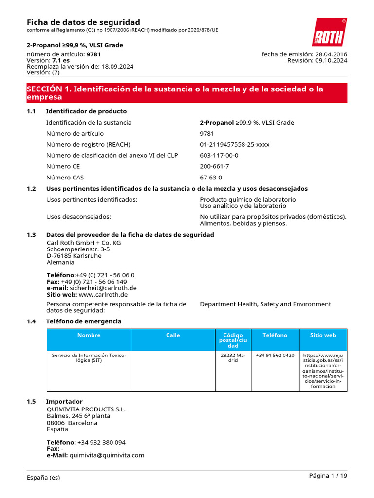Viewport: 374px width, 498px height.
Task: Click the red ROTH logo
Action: (329, 33)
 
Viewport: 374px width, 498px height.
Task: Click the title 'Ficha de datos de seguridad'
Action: (83, 22)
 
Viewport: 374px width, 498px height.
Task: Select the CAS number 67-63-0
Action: (211, 178)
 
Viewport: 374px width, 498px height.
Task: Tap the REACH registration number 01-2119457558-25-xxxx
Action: (234, 144)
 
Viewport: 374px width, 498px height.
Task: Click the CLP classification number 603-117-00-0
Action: (219, 156)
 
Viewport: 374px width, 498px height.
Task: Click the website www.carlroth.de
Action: (103, 295)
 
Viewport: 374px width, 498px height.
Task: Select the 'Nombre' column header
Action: (89, 335)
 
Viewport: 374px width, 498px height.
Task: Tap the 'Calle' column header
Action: (173, 335)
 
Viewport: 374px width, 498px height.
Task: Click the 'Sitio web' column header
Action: (323, 335)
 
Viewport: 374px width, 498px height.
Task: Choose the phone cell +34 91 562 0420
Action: (275, 356)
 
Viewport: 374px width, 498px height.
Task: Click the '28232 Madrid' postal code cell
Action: (233, 358)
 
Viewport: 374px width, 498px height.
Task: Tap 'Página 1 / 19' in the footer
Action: (328, 476)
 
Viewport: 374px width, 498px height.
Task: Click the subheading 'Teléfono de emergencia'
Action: (83, 321)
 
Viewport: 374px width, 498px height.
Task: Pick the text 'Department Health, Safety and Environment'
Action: (265, 304)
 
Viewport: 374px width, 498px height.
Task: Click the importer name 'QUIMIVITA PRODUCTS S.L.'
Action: (86, 409)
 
